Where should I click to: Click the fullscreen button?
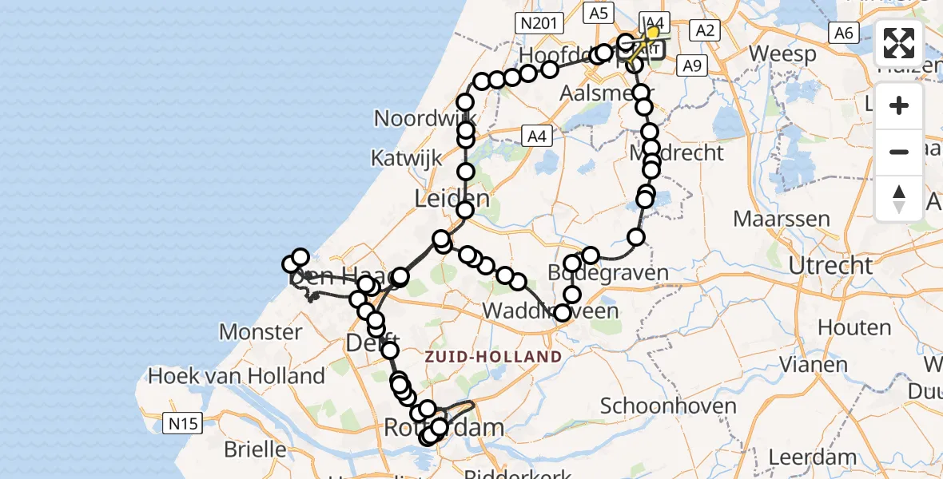coord(899,43)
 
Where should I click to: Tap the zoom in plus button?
coord(899,105)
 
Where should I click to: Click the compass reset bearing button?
coord(899,198)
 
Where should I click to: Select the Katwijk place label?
coord(406,157)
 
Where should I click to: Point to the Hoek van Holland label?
coord(237,375)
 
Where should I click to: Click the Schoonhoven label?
coord(668,406)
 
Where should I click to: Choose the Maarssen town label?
coord(782,218)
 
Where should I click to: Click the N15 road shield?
coord(182,423)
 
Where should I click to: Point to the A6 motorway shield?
coord(844,32)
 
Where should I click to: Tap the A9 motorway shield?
coord(692,65)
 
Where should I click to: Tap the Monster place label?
coord(261,331)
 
